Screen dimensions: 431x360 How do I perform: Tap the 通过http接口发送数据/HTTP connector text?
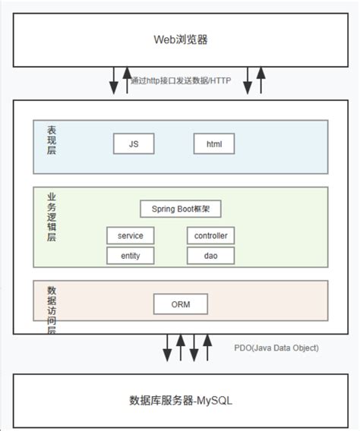click(x=181, y=81)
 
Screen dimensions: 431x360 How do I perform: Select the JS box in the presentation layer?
click(x=134, y=143)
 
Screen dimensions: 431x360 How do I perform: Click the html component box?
click(x=213, y=143)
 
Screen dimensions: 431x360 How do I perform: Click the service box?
click(x=130, y=236)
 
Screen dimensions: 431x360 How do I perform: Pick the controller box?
click(x=210, y=236)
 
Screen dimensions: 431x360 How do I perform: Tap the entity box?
click(x=130, y=256)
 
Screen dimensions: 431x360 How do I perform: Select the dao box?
click(x=210, y=256)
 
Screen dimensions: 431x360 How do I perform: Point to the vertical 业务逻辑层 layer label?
click(x=52, y=217)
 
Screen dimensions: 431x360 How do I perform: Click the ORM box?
click(x=180, y=304)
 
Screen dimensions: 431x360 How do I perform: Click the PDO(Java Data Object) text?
click(x=276, y=348)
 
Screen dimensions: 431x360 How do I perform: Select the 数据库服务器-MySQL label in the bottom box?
click(x=180, y=400)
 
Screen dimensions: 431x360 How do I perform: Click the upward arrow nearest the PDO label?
click(x=207, y=349)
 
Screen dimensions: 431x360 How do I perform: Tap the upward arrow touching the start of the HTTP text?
click(x=127, y=80)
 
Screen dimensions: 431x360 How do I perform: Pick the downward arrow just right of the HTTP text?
click(x=247, y=80)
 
